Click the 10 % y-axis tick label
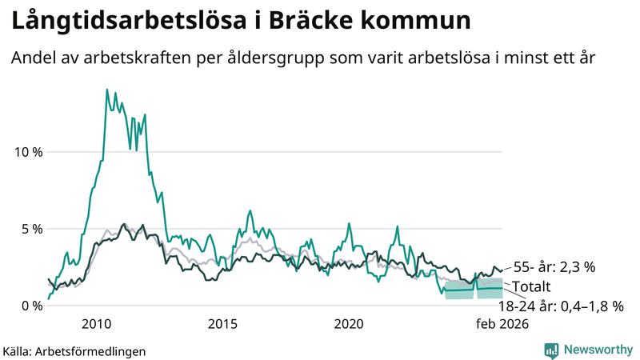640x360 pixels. click(x=26, y=152)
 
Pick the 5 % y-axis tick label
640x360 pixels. click(x=30, y=229)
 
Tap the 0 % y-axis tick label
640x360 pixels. click(x=30, y=306)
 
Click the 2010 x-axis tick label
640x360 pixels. click(x=97, y=324)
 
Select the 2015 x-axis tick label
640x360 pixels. click(x=222, y=324)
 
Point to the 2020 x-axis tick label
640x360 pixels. click(x=348, y=324)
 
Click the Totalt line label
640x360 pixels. click(x=533, y=286)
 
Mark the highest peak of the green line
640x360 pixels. click(x=107, y=90)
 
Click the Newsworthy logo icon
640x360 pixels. click(x=551, y=350)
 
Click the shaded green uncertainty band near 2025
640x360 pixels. click(x=460, y=290)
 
